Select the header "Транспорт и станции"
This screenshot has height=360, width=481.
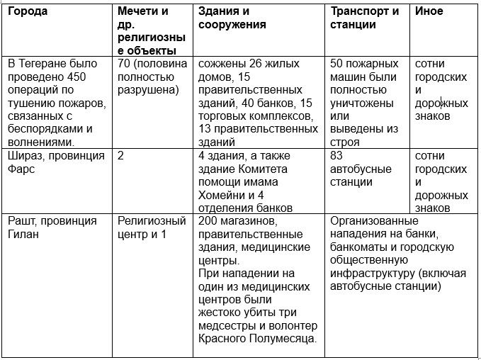[x=364, y=18]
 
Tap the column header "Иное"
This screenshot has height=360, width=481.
[x=429, y=12]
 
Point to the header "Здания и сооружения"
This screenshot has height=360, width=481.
[x=232, y=18]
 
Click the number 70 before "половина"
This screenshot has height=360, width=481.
[x=125, y=64]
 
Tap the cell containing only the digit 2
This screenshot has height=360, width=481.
[x=121, y=156]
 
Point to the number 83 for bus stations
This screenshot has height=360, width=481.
[x=337, y=156]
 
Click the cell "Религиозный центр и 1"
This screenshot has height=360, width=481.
[x=152, y=227]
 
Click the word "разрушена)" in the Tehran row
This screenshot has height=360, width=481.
[x=148, y=90]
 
